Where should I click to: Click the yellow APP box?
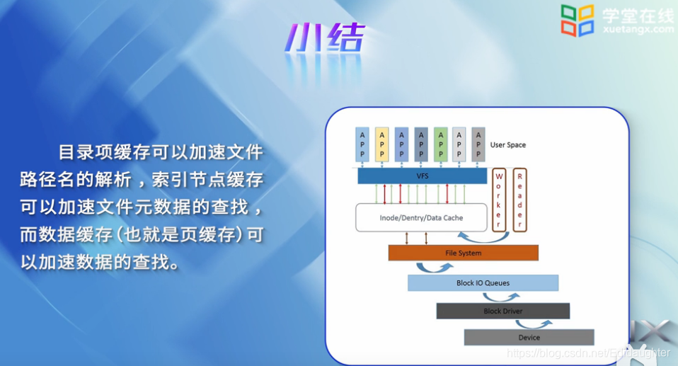click(382, 144)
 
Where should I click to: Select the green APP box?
click(441, 144)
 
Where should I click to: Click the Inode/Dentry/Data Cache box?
click(422, 217)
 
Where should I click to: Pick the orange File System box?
click(463, 253)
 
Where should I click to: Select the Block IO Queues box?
click(483, 283)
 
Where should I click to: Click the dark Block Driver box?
click(502, 311)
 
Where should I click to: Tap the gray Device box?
click(529, 337)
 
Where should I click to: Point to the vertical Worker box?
click(499, 200)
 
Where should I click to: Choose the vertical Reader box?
click(519, 200)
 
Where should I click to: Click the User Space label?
click(507, 145)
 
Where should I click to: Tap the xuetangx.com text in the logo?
click(637, 29)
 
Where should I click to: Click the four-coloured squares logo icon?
click(578, 20)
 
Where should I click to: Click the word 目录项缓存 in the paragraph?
click(105, 152)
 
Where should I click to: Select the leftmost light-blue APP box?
click(363, 144)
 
